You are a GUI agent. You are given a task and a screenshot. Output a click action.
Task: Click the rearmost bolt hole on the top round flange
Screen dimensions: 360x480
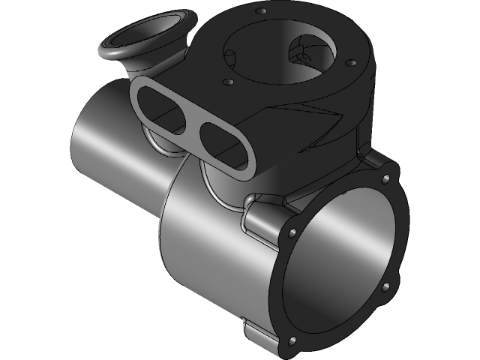262,11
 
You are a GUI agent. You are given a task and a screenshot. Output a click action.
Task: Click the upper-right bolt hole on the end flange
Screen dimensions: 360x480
385,179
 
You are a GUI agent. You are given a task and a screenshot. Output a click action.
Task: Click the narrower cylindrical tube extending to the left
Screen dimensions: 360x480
112,142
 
